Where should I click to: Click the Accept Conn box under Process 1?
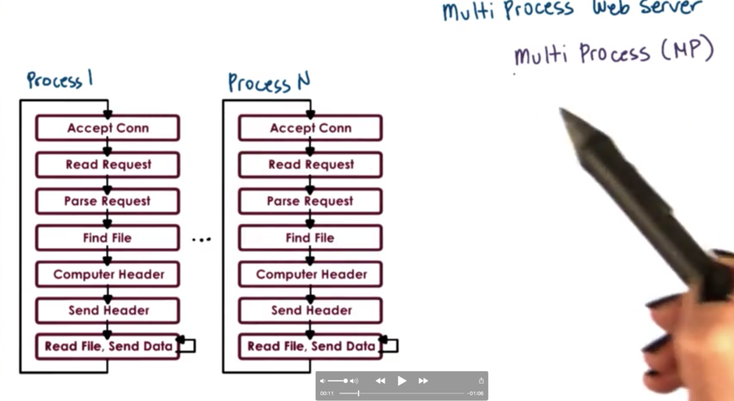point(108,128)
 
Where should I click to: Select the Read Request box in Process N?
point(311,165)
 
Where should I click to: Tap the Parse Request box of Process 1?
point(108,201)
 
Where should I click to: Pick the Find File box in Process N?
point(310,238)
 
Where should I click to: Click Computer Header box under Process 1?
point(108,274)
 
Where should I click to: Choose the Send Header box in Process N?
point(311,310)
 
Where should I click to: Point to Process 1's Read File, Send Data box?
point(108,346)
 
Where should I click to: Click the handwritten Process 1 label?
point(60,79)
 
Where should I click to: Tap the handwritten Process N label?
point(269,82)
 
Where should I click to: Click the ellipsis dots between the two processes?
point(202,239)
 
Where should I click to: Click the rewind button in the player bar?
point(381,381)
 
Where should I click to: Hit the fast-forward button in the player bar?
point(423,381)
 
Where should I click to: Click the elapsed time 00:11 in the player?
point(327,393)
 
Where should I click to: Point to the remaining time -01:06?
point(475,393)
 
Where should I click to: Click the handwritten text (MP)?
point(687,51)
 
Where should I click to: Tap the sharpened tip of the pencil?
point(563,112)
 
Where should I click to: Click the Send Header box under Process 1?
point(108,310)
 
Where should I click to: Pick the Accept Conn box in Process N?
point(311,128)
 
